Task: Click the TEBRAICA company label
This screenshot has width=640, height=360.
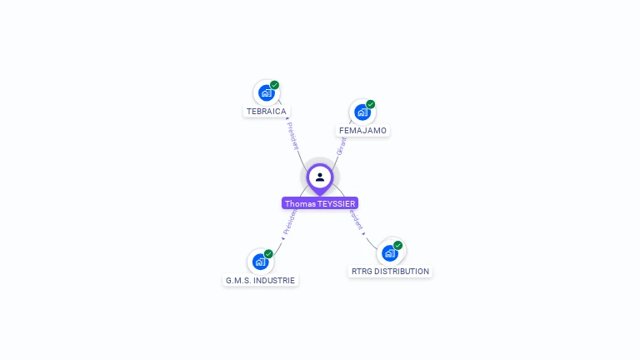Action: [x=267, y=111]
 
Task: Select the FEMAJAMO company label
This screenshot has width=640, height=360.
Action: [x=363, y=131]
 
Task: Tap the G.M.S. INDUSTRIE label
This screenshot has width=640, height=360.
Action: [x=260, y=281]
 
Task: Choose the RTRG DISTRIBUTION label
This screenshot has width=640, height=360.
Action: [x=390, y=272]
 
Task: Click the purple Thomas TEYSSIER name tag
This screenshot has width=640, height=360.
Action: [x=320, y=203]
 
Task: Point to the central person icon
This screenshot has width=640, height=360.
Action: [x=320, y=177]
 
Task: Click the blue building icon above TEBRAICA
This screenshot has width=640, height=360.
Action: [x=266, y=92]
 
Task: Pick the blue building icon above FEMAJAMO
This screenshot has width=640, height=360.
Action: [x=362, y=112]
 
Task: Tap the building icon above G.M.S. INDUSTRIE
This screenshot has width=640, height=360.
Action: [x=260, y=262]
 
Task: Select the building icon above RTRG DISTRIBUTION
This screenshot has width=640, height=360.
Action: [x=389, y=253]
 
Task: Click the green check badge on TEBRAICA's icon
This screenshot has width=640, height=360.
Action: [x=274, y=85]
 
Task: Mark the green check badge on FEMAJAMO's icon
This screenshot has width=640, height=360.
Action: [x=370, y=104]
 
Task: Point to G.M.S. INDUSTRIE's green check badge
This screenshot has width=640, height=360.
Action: [x=268, y=254]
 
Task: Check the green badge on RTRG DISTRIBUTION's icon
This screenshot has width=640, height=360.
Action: [x=397, y=246]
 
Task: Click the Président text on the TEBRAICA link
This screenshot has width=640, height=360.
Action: [x=292, y=135]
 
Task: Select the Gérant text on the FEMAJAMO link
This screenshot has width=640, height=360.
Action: [x=341, y=147]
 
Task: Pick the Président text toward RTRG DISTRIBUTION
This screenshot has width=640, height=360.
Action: [x=357, y=219]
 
